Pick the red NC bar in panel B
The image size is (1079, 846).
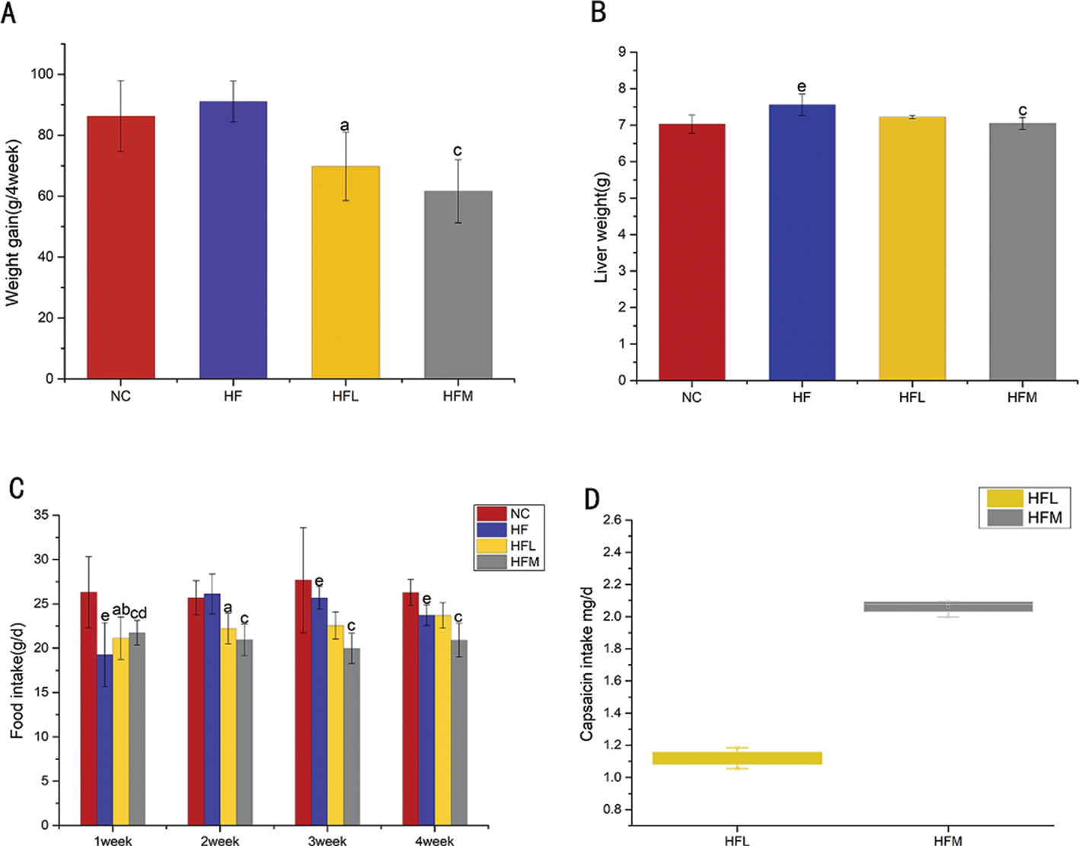pyautogui.click(x=691, y=252)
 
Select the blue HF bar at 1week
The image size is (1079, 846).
pyautogui.click(x=104, y=739)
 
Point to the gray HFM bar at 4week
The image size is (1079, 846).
pyautogui.click(x=458, y=732)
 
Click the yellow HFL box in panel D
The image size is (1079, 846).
pyautogui.click(x=737, y=758)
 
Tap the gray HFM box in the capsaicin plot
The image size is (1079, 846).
pyautogui.click(x=948, y=606)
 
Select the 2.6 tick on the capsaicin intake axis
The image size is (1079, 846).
pyautogui.click(x=611, y=520)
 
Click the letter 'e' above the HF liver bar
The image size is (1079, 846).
pyautogui.click(x=802, y=87)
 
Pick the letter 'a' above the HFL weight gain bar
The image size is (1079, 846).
pyautogui.click(x=345, y=126)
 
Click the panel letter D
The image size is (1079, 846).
pyautogui.click(x=592, y=500)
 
